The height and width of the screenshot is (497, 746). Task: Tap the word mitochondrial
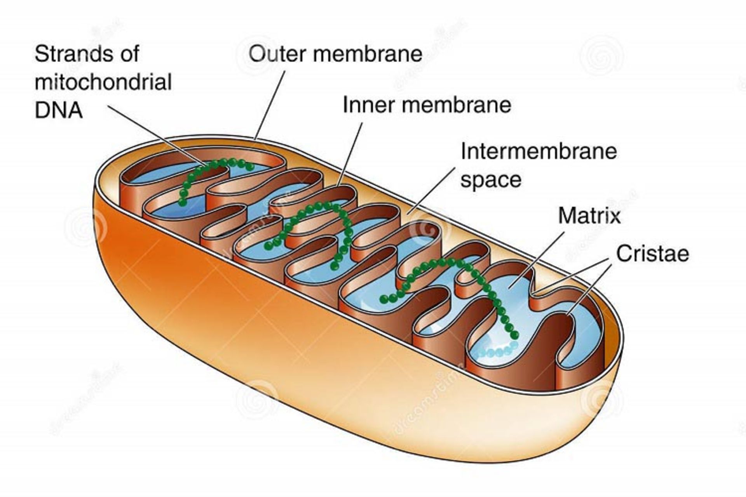(x=103, y=82)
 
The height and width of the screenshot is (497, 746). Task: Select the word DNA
(x=59, y=110)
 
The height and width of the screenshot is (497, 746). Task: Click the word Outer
(x=277, y=54)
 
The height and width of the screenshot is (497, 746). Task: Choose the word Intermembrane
(x=539, y=151)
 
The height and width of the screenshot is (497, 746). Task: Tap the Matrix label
(x=589, y=215)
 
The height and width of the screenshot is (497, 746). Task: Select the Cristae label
(x=652, y=254)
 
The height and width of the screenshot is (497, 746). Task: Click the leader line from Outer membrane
(x=270, y=105)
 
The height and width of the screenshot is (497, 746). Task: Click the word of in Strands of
(x=130, y=54)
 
